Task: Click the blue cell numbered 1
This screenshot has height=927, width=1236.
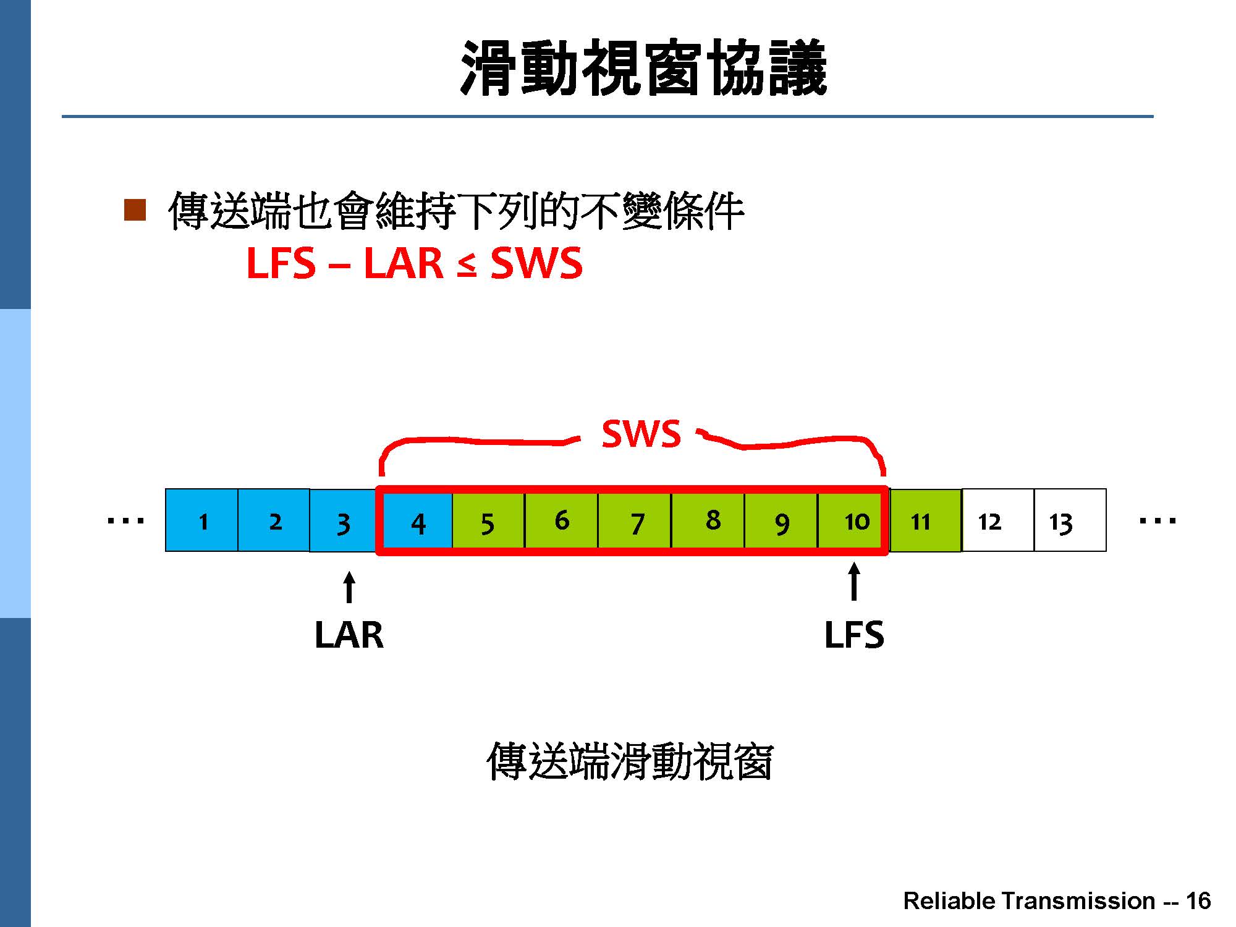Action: point(202,520)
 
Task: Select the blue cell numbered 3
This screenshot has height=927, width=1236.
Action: point(343,520)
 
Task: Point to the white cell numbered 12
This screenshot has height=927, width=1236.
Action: point(998,520)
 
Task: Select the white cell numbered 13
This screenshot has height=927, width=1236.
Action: point(1070,520)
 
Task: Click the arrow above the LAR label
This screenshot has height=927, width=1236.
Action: point(349,587)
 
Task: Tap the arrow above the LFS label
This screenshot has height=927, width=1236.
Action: point(854,582)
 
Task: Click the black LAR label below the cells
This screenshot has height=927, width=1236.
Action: point(349,635)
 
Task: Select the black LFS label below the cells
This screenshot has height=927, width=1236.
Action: point(854,635)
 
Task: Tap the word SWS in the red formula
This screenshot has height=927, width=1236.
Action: point(536,263)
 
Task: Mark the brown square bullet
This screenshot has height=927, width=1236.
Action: point(135,210)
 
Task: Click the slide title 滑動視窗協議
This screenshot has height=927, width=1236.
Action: point(643,67)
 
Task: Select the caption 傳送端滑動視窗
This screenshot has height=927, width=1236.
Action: point(630,761)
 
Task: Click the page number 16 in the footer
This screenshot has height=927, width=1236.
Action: point(1198,900)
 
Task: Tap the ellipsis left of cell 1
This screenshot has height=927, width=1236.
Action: point(125,521)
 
